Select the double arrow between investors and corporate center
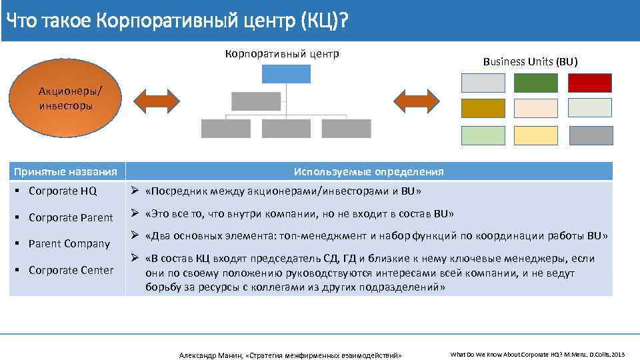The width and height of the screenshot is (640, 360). point(157,100)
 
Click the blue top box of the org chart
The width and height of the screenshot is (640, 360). point(286,73)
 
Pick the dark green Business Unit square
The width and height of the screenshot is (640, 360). point(536,83)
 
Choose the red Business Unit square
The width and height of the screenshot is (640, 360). point(589,83)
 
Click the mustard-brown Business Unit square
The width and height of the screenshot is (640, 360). point(483,108)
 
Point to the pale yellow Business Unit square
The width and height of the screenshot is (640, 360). point(536,135)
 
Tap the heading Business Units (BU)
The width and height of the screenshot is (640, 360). point(530,61)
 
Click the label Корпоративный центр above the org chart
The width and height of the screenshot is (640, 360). point(282,53)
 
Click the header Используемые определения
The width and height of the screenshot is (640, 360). point(369,172)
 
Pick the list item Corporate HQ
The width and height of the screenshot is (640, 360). point(63,191)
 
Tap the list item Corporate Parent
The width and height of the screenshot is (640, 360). point(71,217)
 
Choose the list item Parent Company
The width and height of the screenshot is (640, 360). point(69,243)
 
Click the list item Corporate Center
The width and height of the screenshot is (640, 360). point(71,270)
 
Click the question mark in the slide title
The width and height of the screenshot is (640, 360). point(342,21)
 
